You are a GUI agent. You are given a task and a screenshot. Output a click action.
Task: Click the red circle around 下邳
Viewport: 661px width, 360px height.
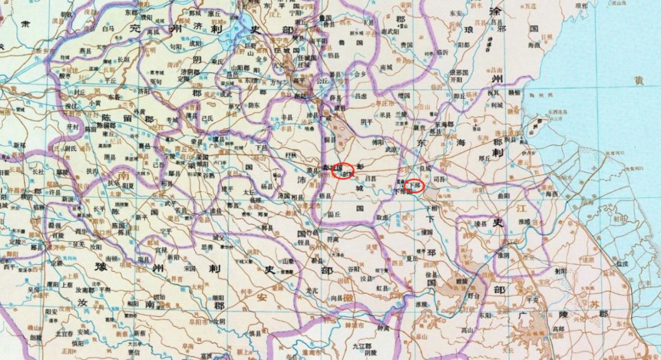coord(415,184)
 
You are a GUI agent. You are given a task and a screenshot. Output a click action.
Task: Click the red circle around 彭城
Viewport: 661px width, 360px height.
coord(343,171)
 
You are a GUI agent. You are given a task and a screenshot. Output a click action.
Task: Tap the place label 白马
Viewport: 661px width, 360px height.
coord(108,28)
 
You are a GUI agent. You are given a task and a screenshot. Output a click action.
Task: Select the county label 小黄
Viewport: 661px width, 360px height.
coord(94,103)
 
